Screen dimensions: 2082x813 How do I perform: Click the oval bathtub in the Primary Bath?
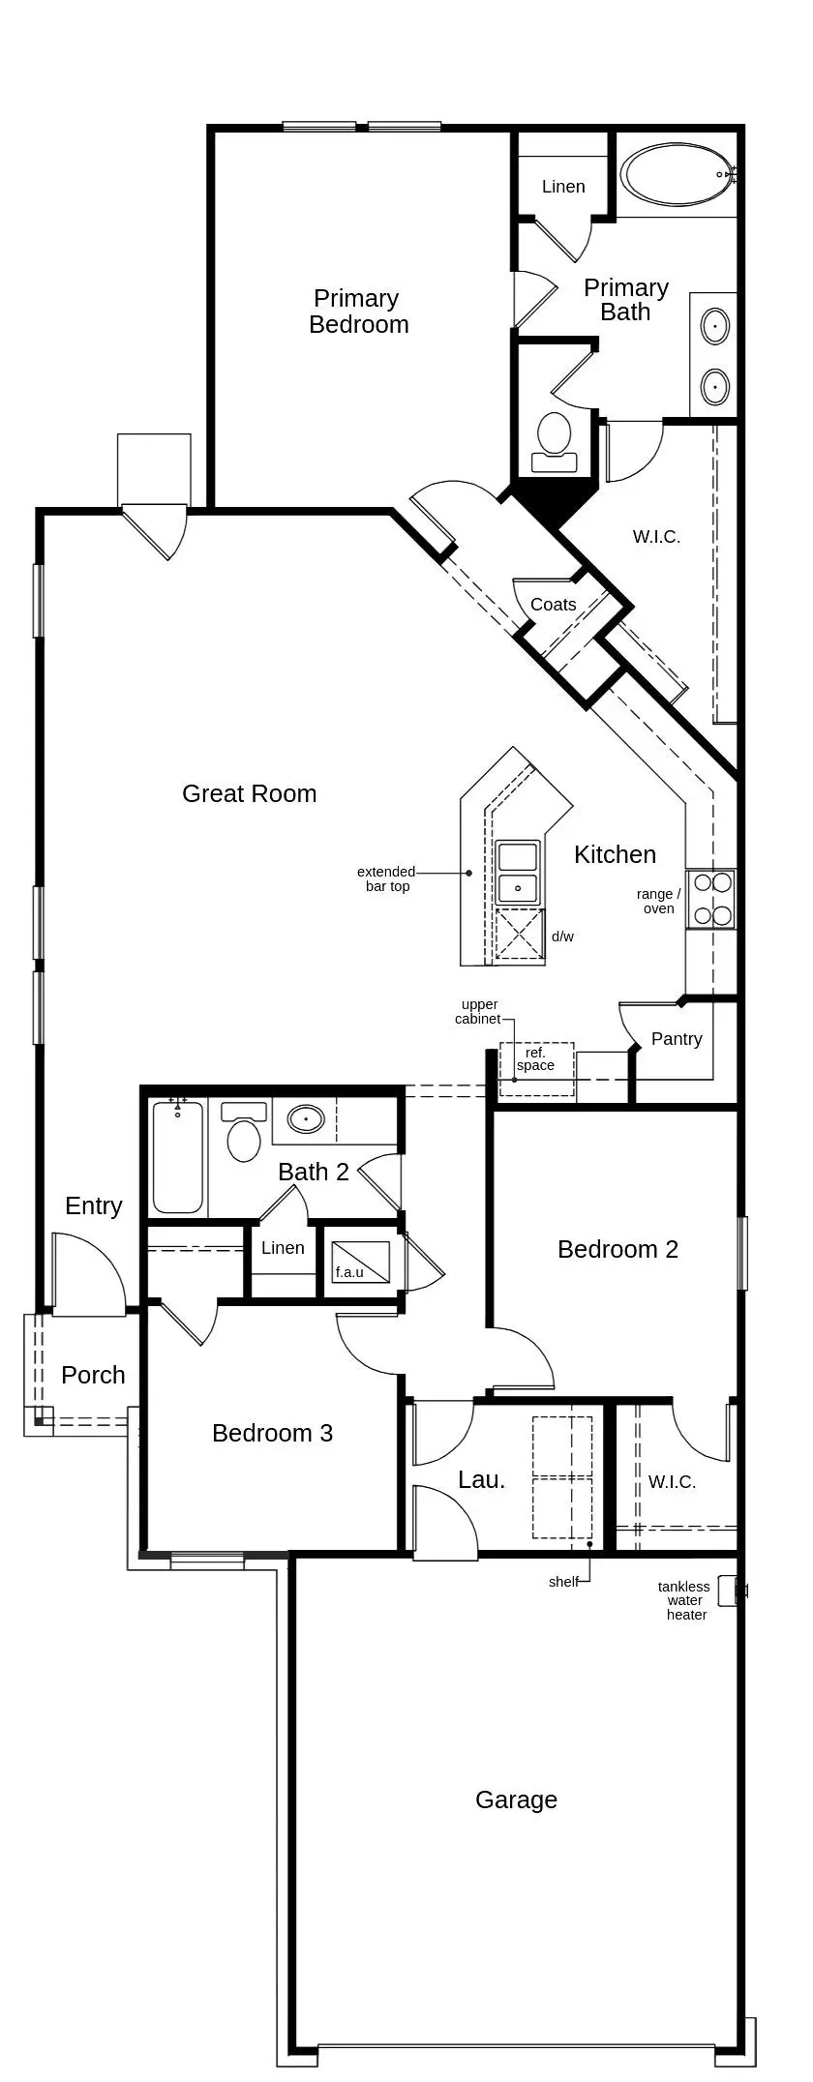pos(677,175)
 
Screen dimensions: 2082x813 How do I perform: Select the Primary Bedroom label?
pos(358,312)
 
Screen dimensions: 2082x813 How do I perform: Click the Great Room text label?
pos(250,793)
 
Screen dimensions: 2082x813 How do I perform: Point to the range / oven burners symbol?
pos(710,899)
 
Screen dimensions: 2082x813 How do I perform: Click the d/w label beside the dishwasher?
pos(562,937)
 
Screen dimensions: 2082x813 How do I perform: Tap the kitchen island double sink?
pos(518,871)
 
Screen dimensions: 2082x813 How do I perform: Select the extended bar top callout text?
pos(386,878)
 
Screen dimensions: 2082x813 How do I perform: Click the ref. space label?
pos(535,1058)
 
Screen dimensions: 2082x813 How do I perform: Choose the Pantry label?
pos(677,1039)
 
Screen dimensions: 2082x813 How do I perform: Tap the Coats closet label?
pos(554,605)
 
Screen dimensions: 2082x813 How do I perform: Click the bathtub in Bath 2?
pos(178,1157)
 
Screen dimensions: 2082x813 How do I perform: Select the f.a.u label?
pos(349,1271)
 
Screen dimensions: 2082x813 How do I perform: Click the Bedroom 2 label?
pos(617,1249)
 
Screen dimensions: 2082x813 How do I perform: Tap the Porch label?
pos(93,1375)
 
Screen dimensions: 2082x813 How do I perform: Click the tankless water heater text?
pos(685,1600)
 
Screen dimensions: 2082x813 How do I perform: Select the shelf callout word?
pos(562,1582)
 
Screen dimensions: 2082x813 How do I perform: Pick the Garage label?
pos(516,1799)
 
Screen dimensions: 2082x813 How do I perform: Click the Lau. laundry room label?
pos(481,1479)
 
